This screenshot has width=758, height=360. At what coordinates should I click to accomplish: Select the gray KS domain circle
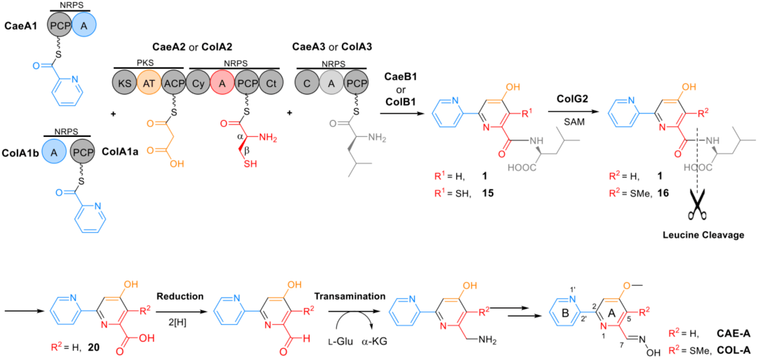126,84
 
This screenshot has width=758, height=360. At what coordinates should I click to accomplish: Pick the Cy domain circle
199,84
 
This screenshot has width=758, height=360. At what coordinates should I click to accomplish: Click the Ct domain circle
269,84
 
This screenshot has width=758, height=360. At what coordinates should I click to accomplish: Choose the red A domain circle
222,84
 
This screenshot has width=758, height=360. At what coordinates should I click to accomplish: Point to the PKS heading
149,62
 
